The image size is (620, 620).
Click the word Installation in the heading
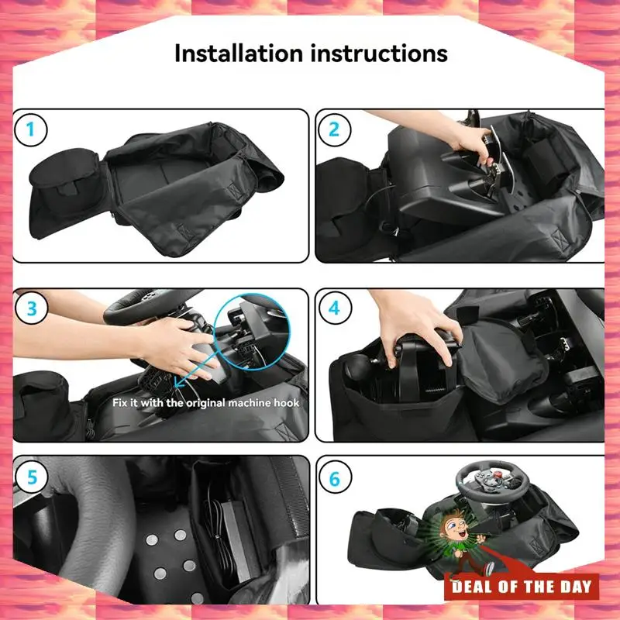(x=239, y=53)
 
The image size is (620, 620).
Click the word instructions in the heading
(x=379, y=53)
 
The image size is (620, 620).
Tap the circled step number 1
(x=30, y=129)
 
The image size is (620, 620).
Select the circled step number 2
(x=334, y=129)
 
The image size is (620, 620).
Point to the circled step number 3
(x=32, y=308)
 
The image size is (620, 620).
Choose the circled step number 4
(x=335, y=308)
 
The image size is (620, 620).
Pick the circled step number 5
(x=32, y=477)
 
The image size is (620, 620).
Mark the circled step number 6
(x=335, y=479)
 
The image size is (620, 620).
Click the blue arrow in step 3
(x=196, y=367)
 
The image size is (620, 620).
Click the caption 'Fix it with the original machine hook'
(x=205, y=403)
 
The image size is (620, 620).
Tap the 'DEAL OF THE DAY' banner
(x=522, y=587)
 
